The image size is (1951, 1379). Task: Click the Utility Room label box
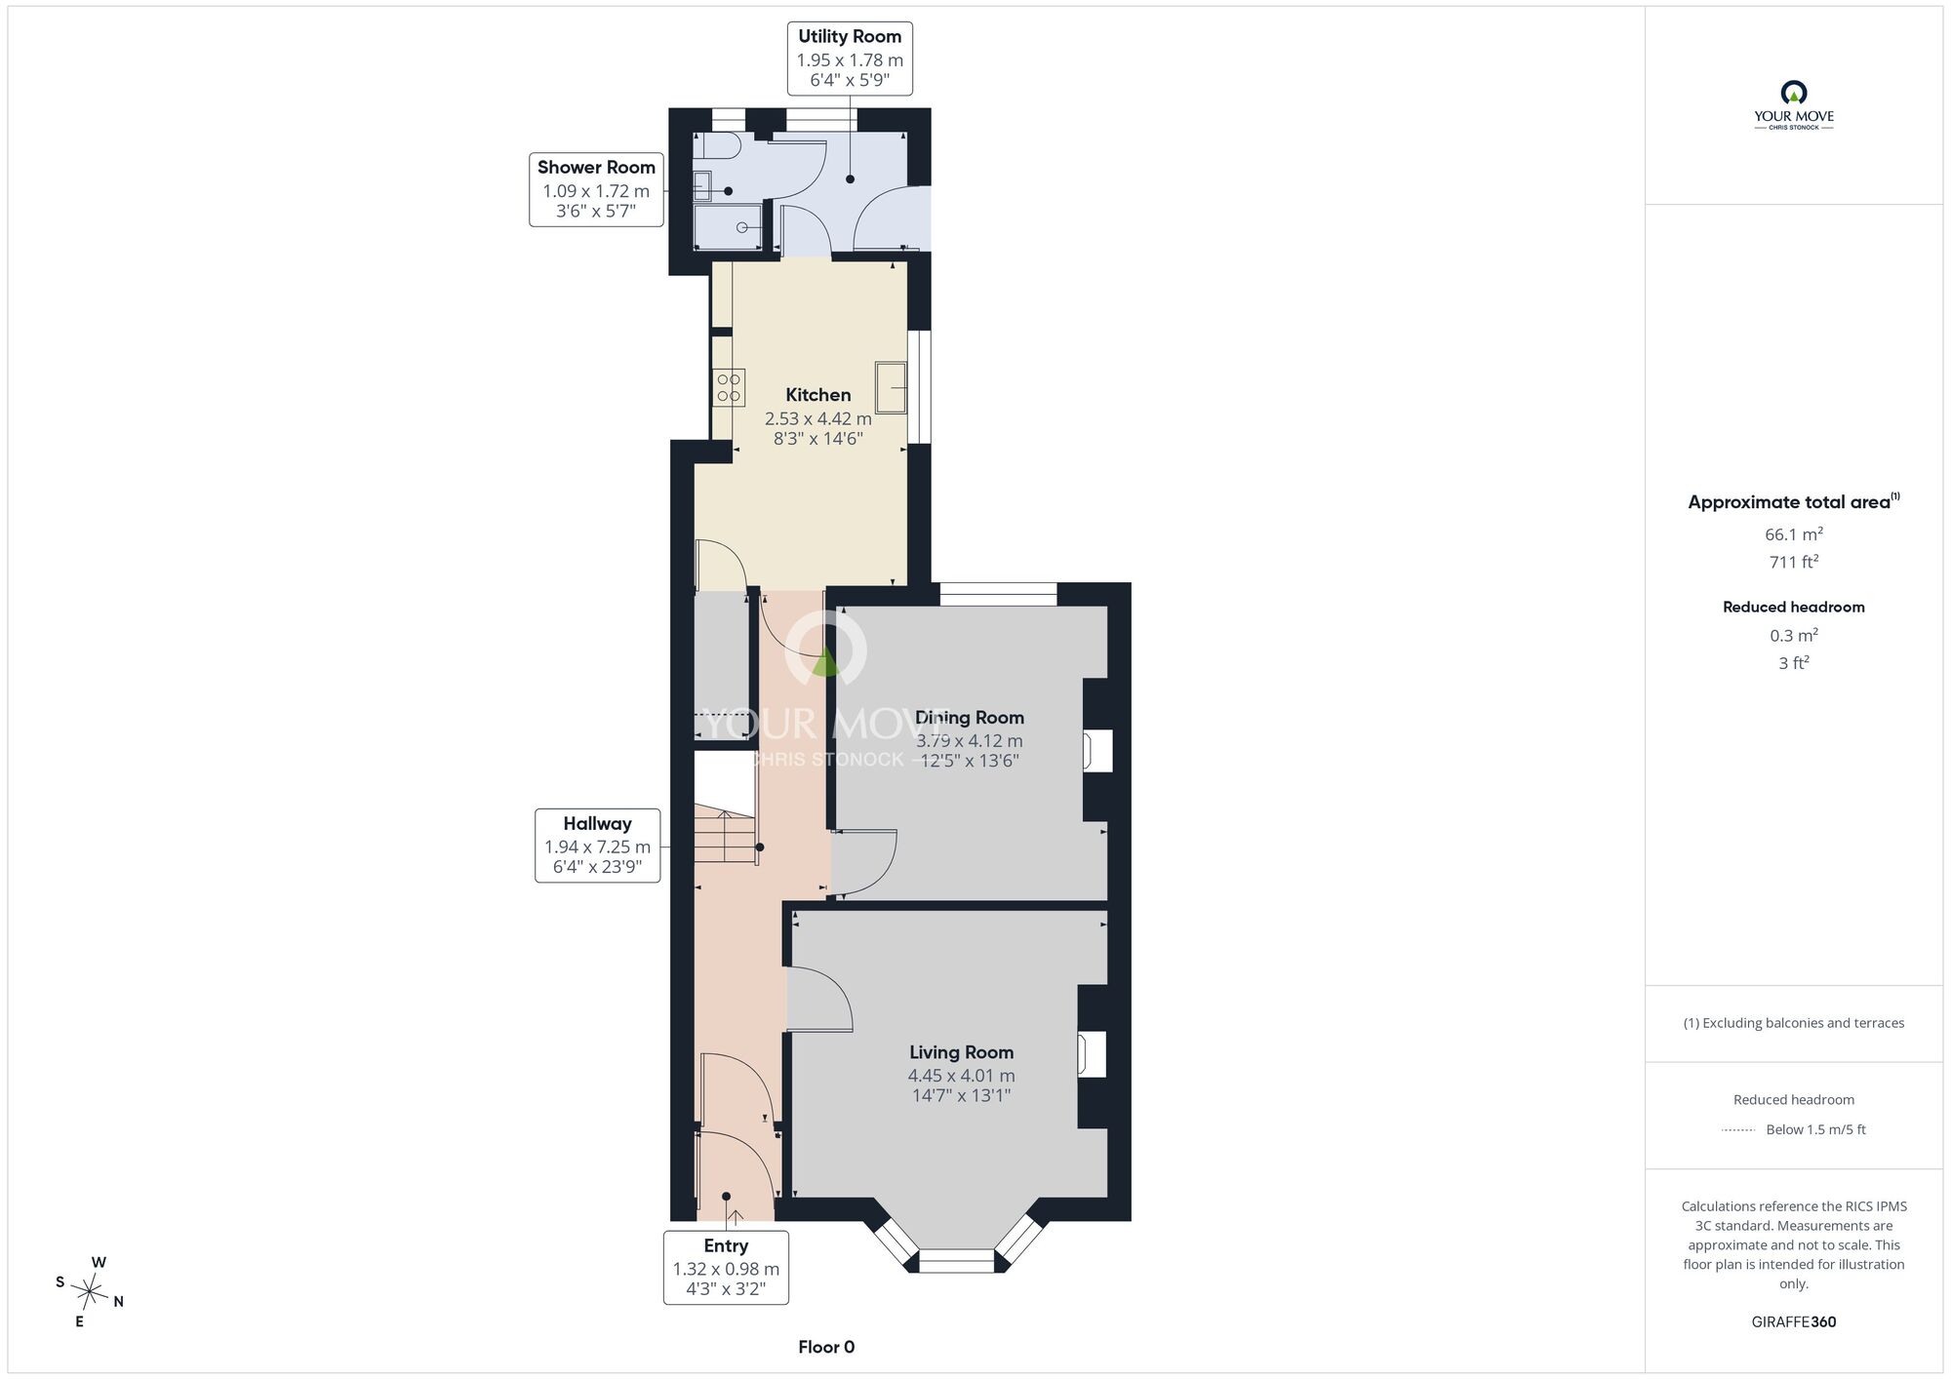click(850, 59)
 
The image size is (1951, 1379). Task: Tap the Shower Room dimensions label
click(596, 201)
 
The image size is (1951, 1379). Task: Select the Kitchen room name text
click(818, 395)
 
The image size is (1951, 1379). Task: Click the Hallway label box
click(597, 846)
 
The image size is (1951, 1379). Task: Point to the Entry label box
click(726, 1268)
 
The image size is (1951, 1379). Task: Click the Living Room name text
click(962, 1052)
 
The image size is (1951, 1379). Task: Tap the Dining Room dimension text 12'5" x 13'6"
click(970, 761)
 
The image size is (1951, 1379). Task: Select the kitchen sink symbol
click(891, 386)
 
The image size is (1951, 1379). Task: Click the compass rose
click(90, 1293)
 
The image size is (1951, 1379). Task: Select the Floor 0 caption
click(826, 1347)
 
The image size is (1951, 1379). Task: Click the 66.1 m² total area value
click(1794, 533)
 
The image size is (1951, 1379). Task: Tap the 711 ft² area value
click(1794, 562)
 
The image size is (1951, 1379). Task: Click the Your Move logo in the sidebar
click(1794, 105)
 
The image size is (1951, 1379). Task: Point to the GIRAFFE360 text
click(1794, 1322)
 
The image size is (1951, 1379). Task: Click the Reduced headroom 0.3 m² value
click(1794, 635)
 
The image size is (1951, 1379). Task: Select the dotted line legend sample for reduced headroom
click(1738, 1130)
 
